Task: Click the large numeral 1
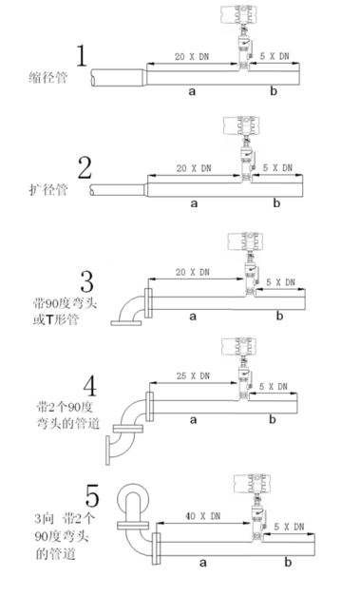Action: point(82,56)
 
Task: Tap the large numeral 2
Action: point(85,167)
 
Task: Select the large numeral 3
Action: point(87,281)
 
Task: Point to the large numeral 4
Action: point(90,386)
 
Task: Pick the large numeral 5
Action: point(92,495)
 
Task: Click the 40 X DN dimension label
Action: point(202,516)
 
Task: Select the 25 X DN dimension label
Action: point(193,375)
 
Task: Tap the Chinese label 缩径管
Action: point(48,78)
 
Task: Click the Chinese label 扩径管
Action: point(48,189)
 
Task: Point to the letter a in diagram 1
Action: point(192,91)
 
